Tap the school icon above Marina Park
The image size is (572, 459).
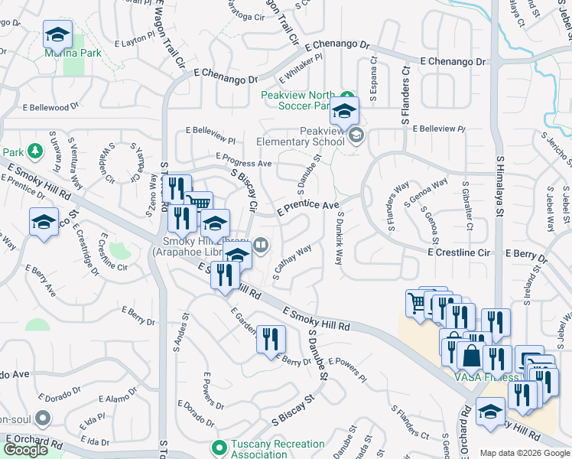point(57,34)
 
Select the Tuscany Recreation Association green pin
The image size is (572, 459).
point(218,445)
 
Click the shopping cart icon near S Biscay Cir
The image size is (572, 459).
point(199,203)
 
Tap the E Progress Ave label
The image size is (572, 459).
point(244,162)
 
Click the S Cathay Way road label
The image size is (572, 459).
point(292,261)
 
